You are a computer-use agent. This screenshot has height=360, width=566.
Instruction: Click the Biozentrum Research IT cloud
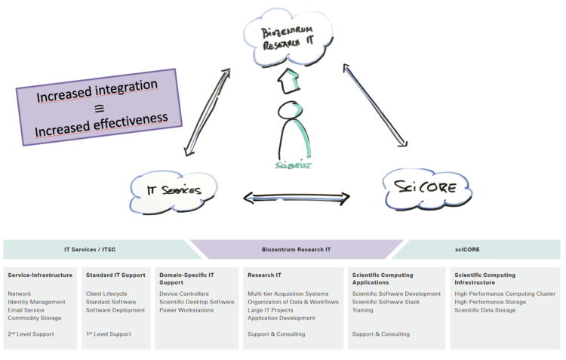pos(287,37)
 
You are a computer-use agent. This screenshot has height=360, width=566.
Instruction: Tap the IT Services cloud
pos(174,190)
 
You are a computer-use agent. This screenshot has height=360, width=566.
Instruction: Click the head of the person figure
pos(290,111)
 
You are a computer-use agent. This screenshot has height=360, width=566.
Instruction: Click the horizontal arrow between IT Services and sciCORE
pos(297,198)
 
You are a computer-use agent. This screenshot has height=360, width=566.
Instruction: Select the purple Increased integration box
pos(99,107)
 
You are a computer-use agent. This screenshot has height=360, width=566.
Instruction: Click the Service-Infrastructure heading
pos(40,275)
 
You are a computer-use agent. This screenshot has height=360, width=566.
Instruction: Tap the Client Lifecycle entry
pos(106,294)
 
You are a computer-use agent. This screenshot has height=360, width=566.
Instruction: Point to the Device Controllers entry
pos(184,294)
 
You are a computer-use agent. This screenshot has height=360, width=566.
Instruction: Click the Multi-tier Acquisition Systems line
pos(288,294)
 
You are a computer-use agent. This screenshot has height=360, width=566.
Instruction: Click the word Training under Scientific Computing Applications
pos(363,310)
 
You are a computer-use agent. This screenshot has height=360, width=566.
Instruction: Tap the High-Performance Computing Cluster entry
pos(505,294)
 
